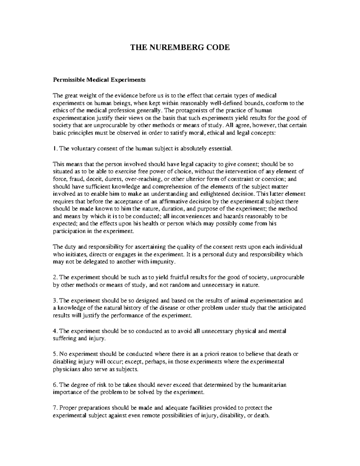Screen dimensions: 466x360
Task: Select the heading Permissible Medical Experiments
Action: tap(99, 80)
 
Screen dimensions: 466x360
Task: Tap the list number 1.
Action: tap(54, 149)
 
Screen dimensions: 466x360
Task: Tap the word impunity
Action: tap(162, 262)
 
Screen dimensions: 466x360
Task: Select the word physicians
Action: tap(67, 369)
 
